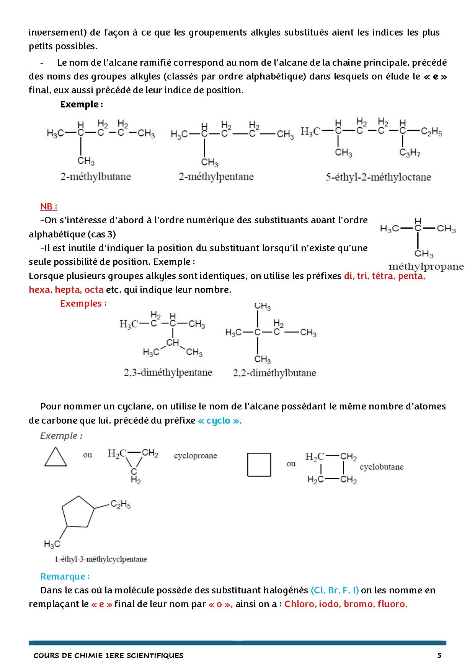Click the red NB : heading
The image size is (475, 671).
[x=49, y=206]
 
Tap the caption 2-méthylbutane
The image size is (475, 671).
[x=95, y=177]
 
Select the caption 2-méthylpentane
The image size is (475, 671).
[x=216, y=177]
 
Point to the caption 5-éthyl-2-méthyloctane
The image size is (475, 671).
[x=378, y=177]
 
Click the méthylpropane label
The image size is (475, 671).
[x=426, y=266]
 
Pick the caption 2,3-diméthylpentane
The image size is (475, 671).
[x=168, y=372]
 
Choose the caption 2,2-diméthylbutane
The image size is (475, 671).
[x=274, y=373]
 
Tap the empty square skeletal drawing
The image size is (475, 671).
[x=259, y=465]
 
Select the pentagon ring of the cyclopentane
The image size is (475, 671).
[x=78, y=512]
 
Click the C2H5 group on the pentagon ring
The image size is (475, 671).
[x=121, y=505]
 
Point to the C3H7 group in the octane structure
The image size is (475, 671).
[x=410, y=153]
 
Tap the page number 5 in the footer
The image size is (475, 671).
[x=439, y=655]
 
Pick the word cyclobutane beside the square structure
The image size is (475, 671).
[x=381, y=467]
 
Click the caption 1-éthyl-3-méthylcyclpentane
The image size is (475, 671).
[x=101, y=559]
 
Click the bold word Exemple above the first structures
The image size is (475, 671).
[x=80, y=104]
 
